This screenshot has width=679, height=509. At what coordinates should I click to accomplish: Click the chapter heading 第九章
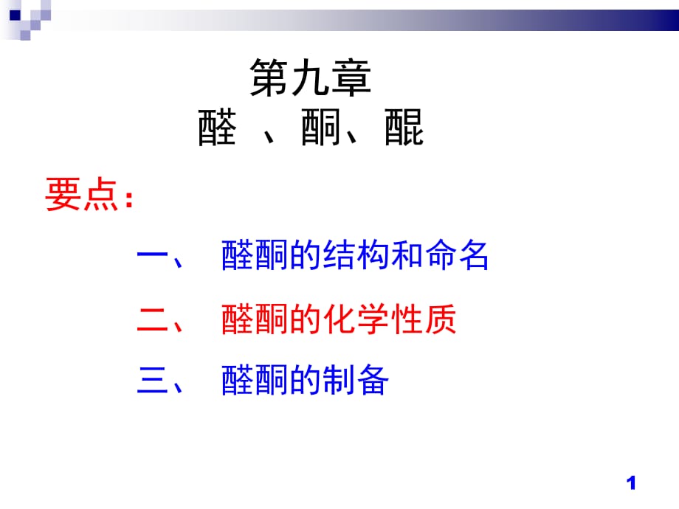311,77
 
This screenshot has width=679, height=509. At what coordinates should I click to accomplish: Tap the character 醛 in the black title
218,127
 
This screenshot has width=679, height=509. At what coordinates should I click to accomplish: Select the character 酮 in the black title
320,127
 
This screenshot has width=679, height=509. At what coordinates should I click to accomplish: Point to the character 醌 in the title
404,127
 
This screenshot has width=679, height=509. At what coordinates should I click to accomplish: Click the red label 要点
82,194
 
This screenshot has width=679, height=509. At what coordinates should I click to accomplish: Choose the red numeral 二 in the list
153,319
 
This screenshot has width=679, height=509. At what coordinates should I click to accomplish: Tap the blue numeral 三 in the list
153,380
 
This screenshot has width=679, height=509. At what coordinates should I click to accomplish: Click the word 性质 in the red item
424,319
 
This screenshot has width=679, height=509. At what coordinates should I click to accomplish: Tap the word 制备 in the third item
356,380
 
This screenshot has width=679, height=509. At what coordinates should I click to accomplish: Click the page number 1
631,483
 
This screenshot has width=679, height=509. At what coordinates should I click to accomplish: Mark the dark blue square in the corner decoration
15,15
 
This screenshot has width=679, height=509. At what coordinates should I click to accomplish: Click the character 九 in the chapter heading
310,77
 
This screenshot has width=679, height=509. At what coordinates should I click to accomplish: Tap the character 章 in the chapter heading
351,77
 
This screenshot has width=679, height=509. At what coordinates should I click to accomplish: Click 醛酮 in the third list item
255,380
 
